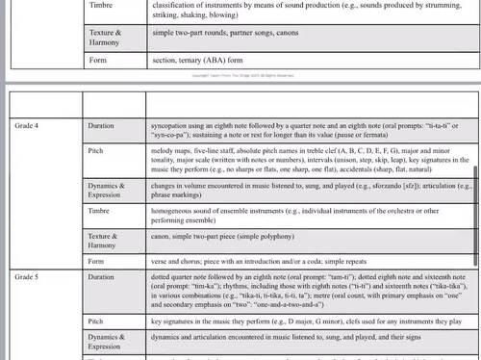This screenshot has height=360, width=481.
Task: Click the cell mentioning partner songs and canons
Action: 222,33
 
